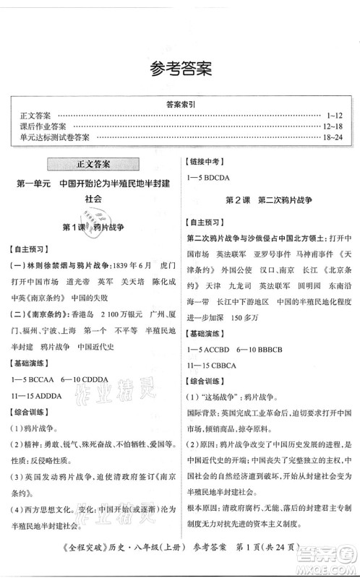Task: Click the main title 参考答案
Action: pyautogui.click(x=180, y=69)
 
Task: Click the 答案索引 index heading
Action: pyautogui.click(x=180, y=103)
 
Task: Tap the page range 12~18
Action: pyautogui.click(x=338, y=125)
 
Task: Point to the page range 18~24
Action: pyautogui.click(x=338, y=137)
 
